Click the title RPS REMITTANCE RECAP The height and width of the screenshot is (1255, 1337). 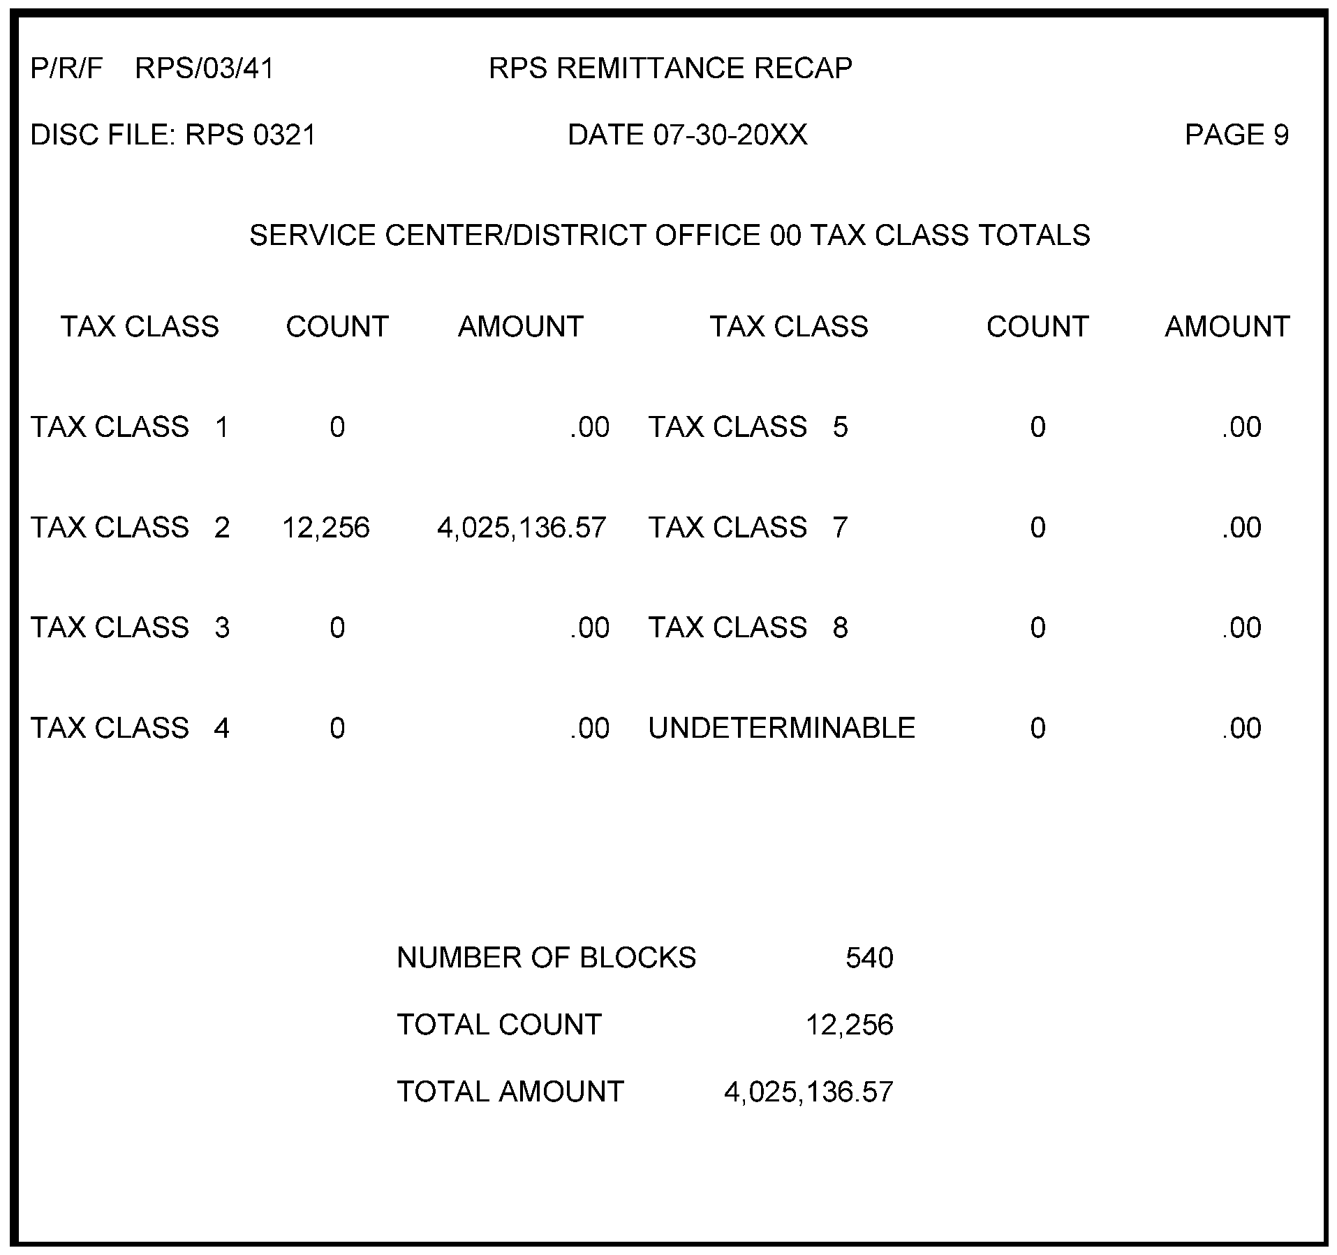click(670, 68)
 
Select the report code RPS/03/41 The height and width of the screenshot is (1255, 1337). click(205, 68)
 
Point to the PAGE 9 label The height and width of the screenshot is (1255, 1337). click(1236, 135)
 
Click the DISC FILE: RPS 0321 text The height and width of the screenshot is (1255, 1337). click(173, 135)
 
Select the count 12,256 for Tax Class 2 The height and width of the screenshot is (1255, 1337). click(325, 528)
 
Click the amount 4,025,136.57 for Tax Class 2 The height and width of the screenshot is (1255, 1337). click(522, 528)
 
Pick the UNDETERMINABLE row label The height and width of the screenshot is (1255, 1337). click(781, 728)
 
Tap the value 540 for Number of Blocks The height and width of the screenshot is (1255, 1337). click(869, 958)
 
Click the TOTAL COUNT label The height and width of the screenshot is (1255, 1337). click(498, 1025)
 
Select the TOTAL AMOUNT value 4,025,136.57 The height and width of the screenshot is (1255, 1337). click(808, 1092)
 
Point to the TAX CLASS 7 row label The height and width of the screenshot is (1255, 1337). click(748, 528)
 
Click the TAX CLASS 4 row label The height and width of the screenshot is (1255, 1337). click(130, 728)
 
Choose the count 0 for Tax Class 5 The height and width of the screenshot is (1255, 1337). click(1037, 427)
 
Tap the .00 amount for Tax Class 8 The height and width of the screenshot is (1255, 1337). click(1241, 627)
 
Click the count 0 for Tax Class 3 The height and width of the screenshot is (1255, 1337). click(337, 627)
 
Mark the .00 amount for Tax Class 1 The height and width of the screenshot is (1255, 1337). click(589, 427)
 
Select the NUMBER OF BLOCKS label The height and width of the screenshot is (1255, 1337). click(546, 958)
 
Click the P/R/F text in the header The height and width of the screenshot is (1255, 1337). click(66, 68)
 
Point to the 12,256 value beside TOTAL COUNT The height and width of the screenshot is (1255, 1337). click(849, 1025)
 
